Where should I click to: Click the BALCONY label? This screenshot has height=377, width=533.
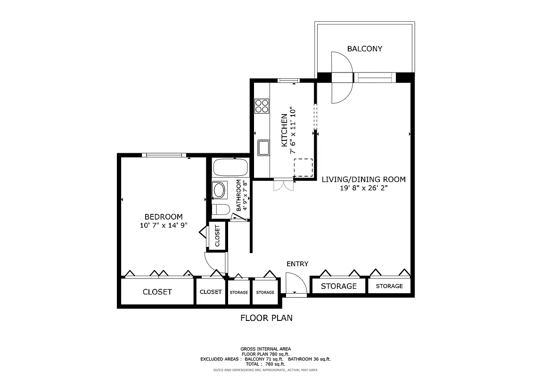click(x=364, y=49)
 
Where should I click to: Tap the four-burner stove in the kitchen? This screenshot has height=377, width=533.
click(x=262, y=106)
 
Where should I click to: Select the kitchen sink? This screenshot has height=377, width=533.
click(x=262, y=148)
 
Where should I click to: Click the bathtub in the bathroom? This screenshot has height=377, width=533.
click(x=230, y=167)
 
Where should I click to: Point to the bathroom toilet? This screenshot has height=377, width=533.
click(x=220, y=209)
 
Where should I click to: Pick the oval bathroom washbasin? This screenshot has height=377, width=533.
click(x=220, y=190)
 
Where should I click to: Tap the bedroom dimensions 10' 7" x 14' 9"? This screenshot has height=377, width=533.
click(x=164, y=225)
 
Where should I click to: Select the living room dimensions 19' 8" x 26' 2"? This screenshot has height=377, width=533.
click(x=363, y=188)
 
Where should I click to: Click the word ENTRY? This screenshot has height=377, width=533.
click(x=297, y=264)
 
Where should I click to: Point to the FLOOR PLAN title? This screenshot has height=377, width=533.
click(x=266, y=318)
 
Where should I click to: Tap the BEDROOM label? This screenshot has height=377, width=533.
click(x=164, y=217)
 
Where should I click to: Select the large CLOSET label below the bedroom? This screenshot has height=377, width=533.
click(x=157, y=292)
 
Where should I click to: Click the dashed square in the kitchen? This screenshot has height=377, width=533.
click(x=303, y=168)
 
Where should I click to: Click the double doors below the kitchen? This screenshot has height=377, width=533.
click(x=283, y=185)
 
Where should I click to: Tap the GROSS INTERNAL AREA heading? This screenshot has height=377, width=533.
click(x=266, y=349)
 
